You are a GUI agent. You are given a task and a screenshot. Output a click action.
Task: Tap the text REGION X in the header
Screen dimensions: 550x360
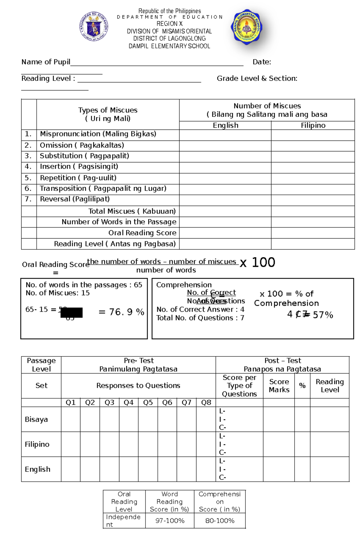169,24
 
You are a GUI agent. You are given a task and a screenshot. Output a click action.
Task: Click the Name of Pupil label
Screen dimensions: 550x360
46,62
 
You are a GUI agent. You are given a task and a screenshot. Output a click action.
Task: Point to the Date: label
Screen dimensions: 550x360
262,62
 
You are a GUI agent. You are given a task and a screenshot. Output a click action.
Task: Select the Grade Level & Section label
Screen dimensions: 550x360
257,79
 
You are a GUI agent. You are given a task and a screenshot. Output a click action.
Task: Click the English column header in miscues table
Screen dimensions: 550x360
225,125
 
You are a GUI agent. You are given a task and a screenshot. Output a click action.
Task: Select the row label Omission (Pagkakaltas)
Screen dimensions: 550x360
82,145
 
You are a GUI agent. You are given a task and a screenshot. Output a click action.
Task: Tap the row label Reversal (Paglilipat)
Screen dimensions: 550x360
75,199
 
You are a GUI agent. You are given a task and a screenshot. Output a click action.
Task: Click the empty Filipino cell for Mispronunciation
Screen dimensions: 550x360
313,135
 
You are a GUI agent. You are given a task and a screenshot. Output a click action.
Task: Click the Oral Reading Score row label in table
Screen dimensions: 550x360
142,233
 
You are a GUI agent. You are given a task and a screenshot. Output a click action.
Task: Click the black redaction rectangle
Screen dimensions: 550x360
71,312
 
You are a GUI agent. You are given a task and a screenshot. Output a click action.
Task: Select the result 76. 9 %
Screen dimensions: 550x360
121,312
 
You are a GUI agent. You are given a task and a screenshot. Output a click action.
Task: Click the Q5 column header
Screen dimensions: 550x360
148,403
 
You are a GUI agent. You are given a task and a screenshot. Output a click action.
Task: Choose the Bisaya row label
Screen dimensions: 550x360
36,419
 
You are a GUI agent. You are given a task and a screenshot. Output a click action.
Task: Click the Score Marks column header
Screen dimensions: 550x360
279,386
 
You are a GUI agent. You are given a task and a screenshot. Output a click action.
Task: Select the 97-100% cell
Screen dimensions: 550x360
170,521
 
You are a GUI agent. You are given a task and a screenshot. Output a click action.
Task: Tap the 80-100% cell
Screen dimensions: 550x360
220,521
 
